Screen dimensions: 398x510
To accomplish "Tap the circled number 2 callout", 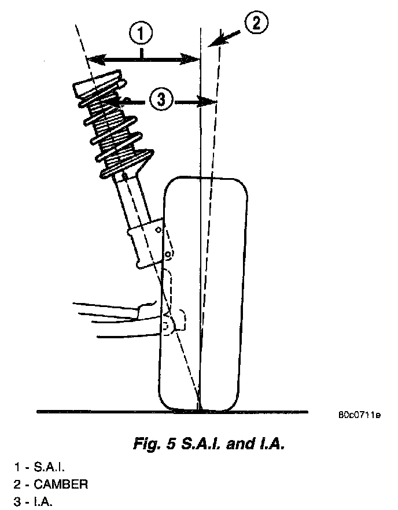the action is point(256,24).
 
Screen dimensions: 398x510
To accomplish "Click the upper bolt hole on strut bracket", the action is point(158,230).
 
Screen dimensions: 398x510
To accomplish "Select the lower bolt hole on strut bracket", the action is point(167,254).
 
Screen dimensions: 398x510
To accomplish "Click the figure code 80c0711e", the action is point(359,415).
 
